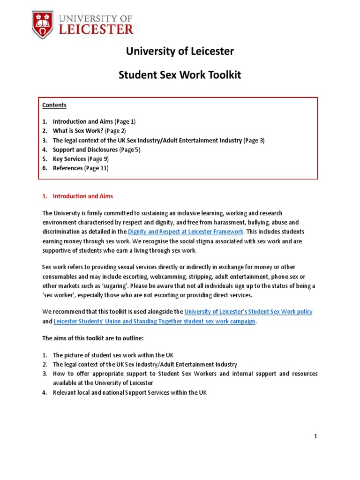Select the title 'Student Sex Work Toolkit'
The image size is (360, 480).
(x=180, y=75)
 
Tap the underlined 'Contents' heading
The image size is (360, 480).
(x=54, y=105)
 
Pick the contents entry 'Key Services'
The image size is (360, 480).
(x=69, y=159)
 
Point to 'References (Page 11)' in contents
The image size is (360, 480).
(x=80, y=168)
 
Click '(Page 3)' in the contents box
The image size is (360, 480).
(x=254, y=140)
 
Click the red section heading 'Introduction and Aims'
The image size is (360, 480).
(x=82, y=196)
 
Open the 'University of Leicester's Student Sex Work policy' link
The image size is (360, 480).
(x=248, y=311)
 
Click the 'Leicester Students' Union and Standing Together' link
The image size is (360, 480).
(x=155, y=321)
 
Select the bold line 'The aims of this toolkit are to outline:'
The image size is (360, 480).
(x=97, y=337)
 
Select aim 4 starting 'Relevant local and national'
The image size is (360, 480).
(x=129, y=392)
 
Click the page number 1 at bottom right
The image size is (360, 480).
(x=316, y=436)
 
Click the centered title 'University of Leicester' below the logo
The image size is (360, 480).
(x=180, y=51)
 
